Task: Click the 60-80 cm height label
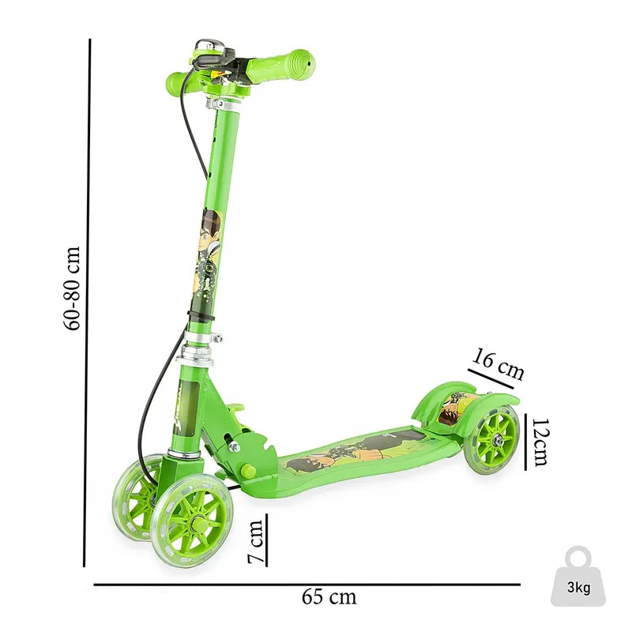coord(73,288)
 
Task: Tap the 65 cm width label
coord(329,596)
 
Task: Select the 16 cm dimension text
coord(498,363)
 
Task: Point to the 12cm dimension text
coord(541,442)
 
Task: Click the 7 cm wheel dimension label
coord(255,541)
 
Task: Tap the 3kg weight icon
coord(578,577)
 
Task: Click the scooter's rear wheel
coord(492,439)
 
